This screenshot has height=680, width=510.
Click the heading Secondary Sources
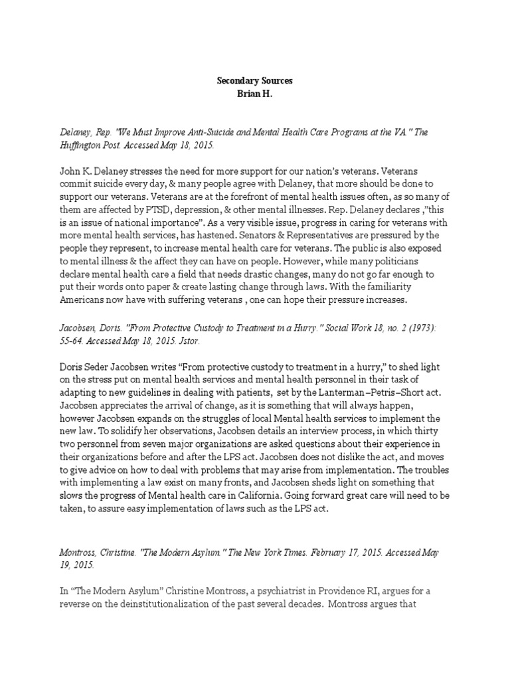click(x=255, y=81)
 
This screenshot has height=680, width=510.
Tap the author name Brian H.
click(x=255, y=94)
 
